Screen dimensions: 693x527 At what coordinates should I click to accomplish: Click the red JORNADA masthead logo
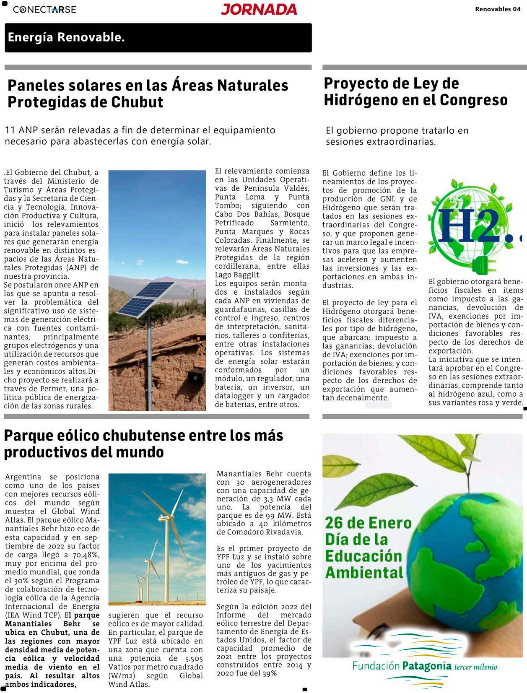click(x=259, y=9)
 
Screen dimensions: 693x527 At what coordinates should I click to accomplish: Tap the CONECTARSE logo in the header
click(x=44, y=9)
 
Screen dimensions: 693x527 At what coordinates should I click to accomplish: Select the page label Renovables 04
click(x=498, y=9)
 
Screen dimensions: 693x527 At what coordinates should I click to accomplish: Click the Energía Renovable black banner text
click(x=66, y=37)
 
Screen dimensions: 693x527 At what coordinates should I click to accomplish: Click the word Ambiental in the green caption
click(x=364, y=572)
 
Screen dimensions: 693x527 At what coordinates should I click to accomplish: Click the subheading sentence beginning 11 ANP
click(x=140, y=135)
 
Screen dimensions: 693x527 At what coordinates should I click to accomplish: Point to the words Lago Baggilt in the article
click(x=238, y=275)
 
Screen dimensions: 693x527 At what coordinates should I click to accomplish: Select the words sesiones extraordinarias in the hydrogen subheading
click(x=381, y=142)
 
